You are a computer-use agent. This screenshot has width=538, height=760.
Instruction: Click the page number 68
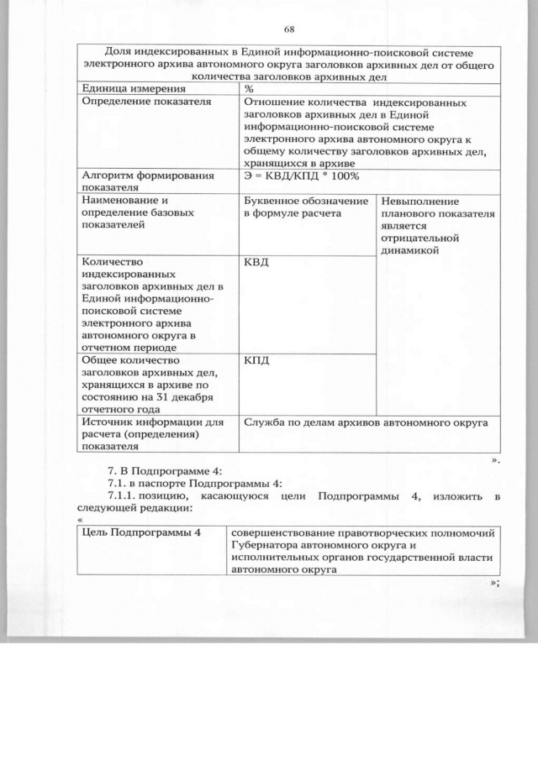pyautogui.click(x=288, y=29)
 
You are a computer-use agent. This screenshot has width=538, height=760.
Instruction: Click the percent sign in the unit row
pyautogui.click(x=249, y=88)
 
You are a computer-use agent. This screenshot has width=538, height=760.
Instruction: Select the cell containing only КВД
pyautogui.click(x=256, y=264)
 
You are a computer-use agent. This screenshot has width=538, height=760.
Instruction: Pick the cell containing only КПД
pyautogui.click(x=256, y=360)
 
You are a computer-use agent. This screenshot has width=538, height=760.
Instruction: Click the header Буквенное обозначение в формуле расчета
pyautogui.click(x=306, y=207)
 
